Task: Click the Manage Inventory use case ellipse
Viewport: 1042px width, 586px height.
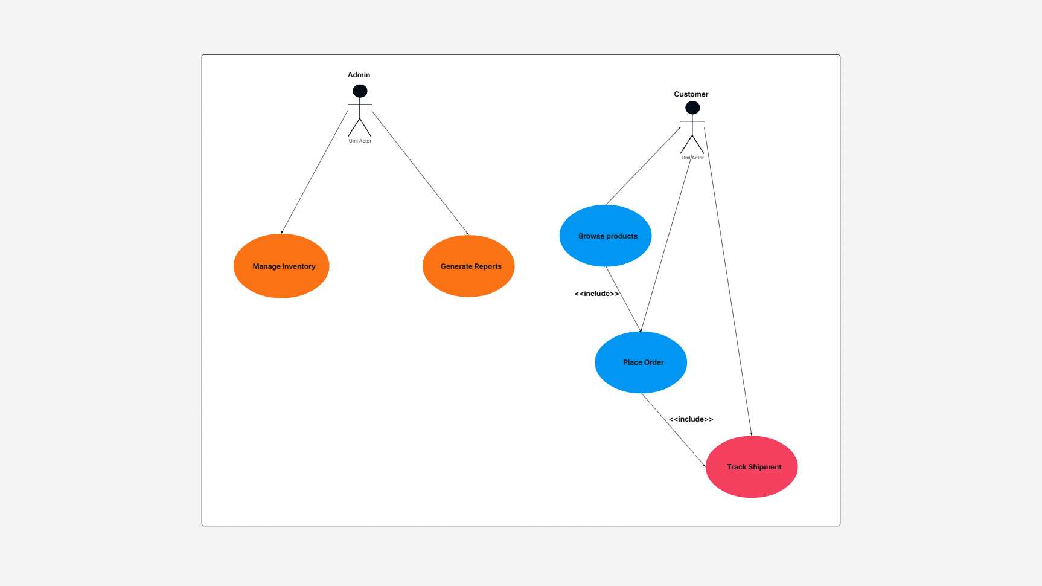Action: [281, 266]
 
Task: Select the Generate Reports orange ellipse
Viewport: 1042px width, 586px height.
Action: [468, 266]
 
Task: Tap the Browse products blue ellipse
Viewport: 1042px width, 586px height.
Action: [606, 236]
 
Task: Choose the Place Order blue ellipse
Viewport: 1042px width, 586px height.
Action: [641, 362]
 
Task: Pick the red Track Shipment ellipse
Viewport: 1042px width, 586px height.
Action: [752, 467]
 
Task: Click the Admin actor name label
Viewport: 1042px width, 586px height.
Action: [359, 75]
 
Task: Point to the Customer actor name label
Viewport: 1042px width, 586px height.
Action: [691, 94]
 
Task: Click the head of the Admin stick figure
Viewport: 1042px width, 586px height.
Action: [360, 91]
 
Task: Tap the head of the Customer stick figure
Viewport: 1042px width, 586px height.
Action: [692, 108]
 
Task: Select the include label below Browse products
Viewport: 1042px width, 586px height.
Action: [596, 294]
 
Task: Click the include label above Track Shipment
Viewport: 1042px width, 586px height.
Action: [691, 419]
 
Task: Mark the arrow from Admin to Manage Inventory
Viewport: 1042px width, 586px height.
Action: [315, 172]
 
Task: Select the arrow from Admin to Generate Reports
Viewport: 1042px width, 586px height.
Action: [420, 173]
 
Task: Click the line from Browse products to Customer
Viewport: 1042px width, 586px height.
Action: [643, 166]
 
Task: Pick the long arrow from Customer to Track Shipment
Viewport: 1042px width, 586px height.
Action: [727, 281]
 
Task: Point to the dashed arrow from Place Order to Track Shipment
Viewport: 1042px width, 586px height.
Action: [674, 430]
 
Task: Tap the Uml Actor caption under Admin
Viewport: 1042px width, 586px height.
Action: [360, 141]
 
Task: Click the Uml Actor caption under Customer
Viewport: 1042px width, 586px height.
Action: [692, 158]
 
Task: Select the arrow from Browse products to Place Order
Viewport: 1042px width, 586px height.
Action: [623, 299]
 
